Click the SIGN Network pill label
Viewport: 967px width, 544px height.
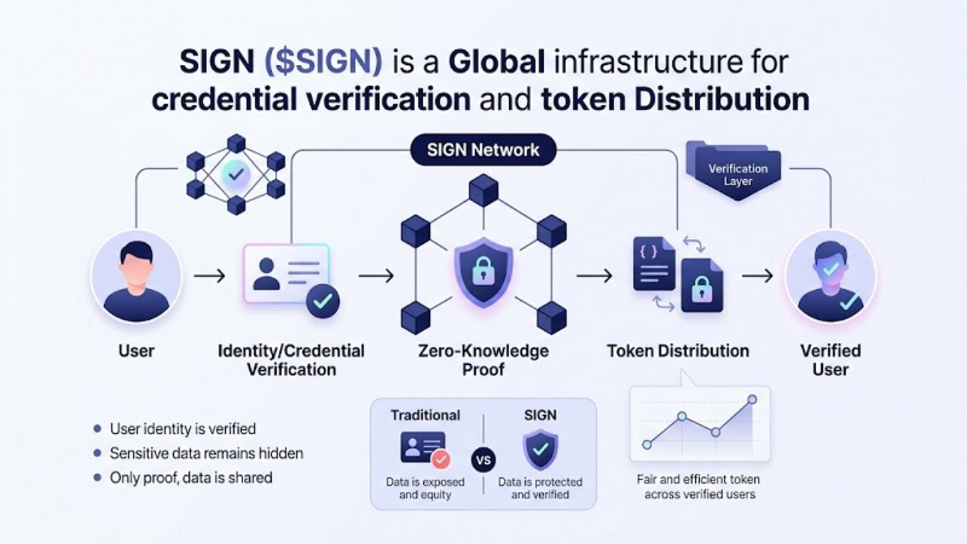point(483,150)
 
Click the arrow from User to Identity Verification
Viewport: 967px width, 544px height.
point(209,277)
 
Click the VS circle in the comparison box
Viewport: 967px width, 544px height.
point(483,459)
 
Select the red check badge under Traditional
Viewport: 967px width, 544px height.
point(440,458)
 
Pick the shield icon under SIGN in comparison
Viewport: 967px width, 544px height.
point(540,450)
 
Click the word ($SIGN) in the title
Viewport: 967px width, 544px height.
point(323,63)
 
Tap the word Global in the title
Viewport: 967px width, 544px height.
point(496,63)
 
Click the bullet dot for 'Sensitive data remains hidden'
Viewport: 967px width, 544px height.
point(97,453)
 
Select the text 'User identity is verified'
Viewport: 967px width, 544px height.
point(183,429)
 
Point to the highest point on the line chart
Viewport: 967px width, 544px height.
point(752,399)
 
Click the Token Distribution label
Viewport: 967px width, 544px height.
point(678,351)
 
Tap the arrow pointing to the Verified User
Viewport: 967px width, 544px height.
point(757,277)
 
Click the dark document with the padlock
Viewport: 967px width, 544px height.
point(702,285)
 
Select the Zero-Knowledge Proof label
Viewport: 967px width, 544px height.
point(483,360)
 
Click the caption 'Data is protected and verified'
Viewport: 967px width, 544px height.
point(540,489)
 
